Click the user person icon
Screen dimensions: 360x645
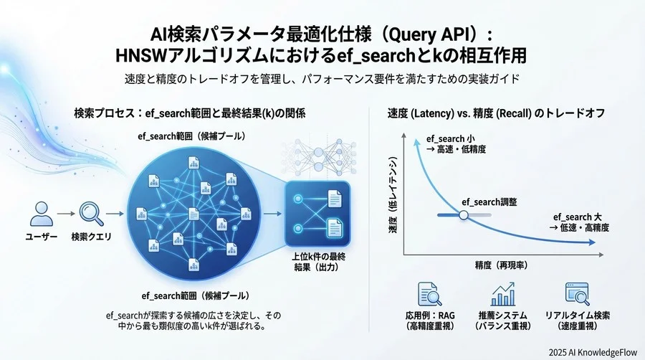tap(41, 213)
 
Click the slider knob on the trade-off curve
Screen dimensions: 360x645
tap(463, 214)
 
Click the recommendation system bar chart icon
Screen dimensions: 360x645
tap(503, 294)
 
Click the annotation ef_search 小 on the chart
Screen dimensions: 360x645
tap(451, 138)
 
